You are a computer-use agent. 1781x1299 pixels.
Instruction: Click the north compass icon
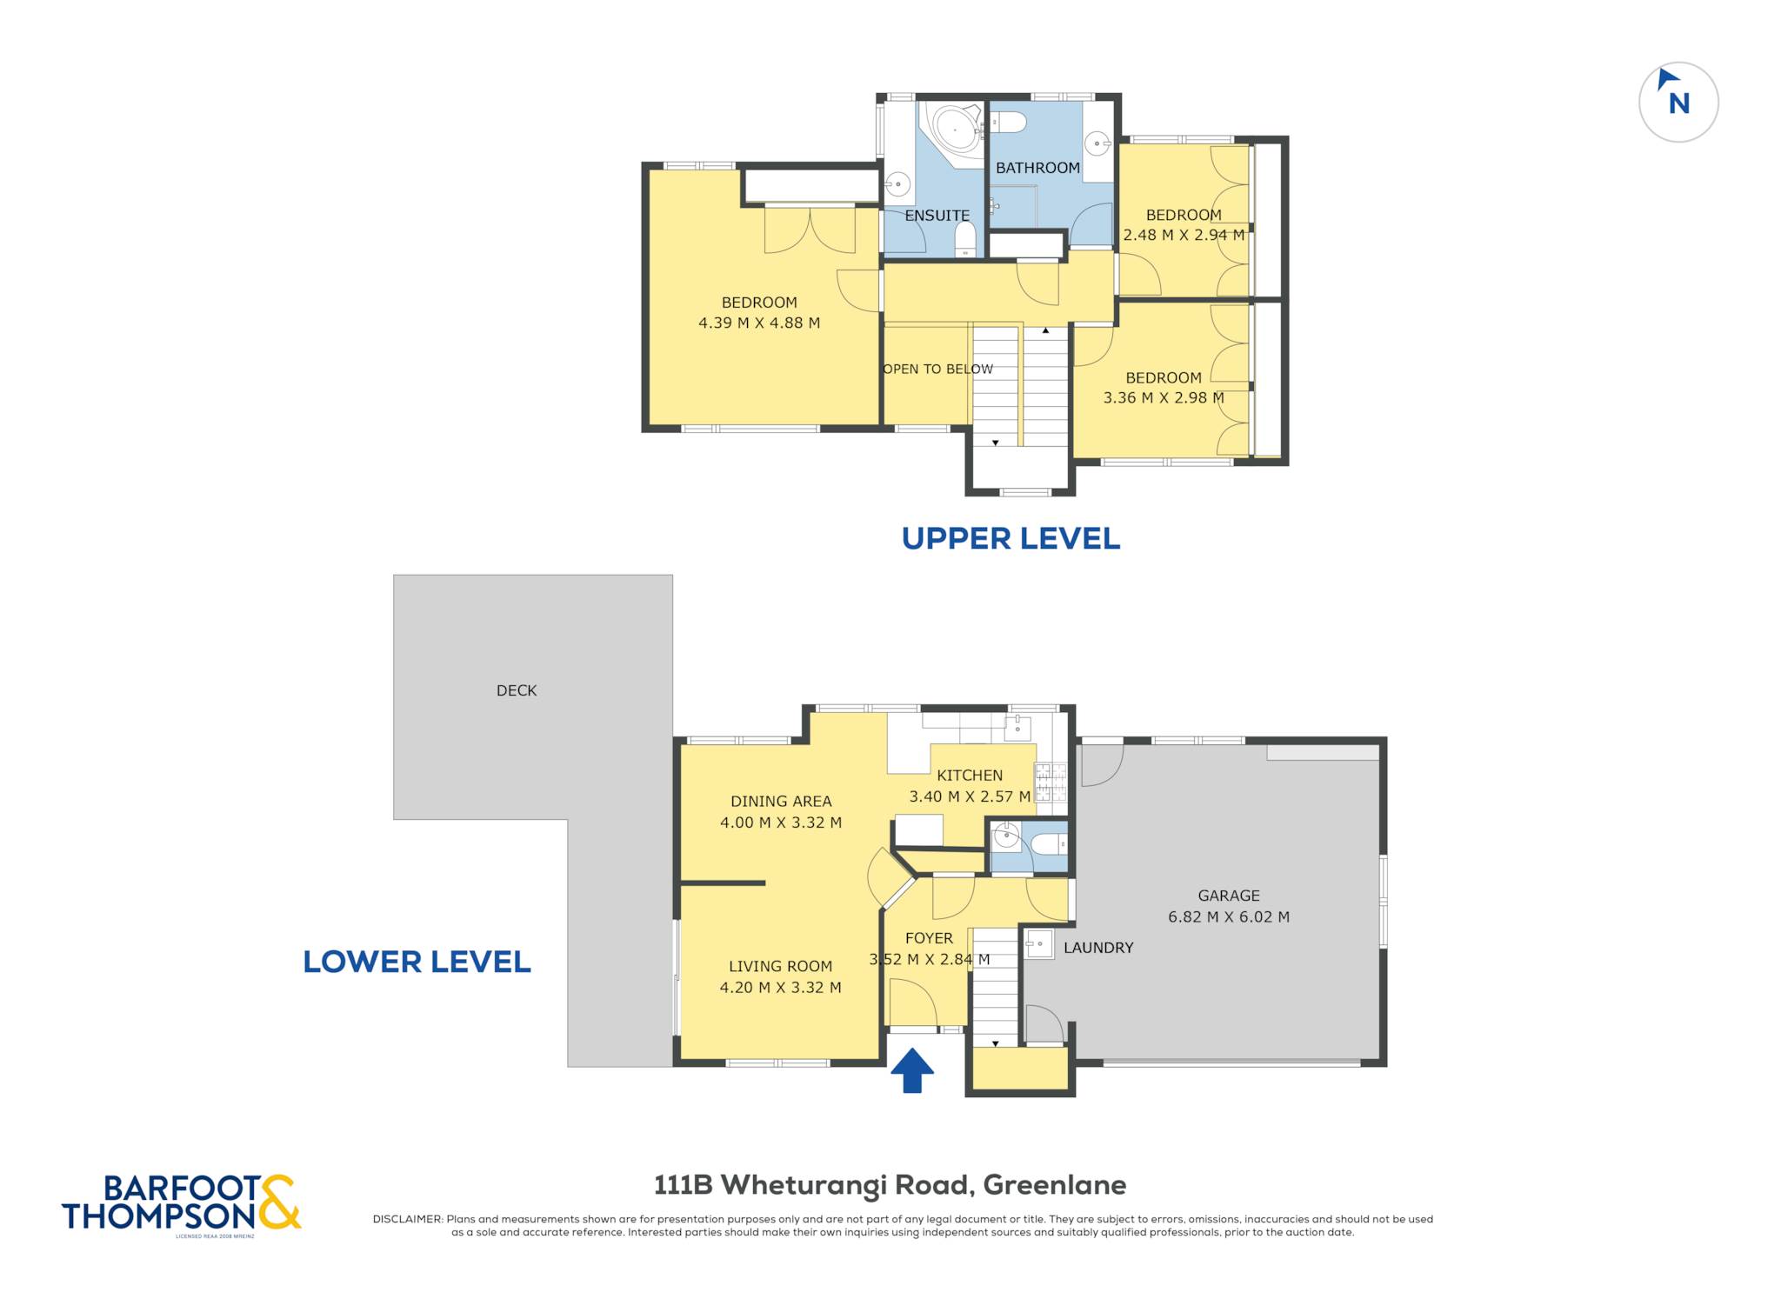click(x=1678, y=102)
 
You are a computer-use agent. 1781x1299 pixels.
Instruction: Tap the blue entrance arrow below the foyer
click(x=912, y=1070)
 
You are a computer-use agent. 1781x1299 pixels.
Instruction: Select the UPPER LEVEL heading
click(x=1011, y=539)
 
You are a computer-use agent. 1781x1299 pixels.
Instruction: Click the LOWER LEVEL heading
click(x=417, y=962)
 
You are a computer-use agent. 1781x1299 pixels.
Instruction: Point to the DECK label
click(x=517, y=690)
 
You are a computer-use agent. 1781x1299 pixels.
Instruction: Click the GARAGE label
click(x=1229, y=896)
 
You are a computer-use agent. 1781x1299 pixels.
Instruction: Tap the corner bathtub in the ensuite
click(x=952, y=134)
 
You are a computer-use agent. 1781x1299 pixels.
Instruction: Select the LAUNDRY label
click(x=1098, y=948)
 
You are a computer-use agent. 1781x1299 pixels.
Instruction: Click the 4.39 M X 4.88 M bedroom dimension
click(x=759, y=323)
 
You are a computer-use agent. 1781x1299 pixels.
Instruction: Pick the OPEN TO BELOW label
click(x=937, y=369)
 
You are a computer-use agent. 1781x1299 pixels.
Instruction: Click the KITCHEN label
click(x=970, y=776)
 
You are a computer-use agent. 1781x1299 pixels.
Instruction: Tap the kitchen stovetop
click(x=1051, y=782)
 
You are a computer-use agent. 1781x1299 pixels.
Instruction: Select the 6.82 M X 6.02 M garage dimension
click(x=1229, y=916)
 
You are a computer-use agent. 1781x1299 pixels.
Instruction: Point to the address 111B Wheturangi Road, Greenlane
click(x=890, y=1185)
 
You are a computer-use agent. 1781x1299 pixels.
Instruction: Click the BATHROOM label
click(x=1037, y=168)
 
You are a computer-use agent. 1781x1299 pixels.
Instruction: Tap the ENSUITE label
click(x=937, y=216)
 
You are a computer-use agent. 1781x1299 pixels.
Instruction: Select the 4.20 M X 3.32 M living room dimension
click(x=780, y=988)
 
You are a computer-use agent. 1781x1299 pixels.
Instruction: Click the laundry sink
click(x=1039, y=943)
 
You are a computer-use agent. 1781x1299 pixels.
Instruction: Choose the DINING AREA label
click(x=781, y=802)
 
